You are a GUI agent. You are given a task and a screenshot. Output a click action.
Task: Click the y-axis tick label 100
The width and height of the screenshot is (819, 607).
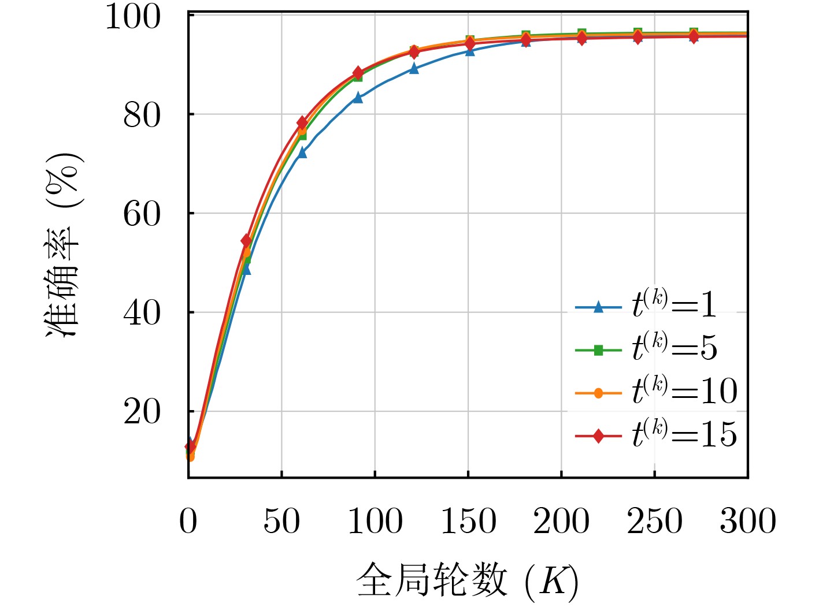click(x=133, y=17)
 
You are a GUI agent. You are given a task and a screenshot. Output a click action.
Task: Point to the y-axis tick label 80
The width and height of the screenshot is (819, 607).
click(x=142, y=116)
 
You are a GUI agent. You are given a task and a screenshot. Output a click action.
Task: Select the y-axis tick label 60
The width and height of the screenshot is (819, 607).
click(x=142, y=214)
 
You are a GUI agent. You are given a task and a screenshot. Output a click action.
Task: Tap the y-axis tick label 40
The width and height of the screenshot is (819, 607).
click(x=142, y=314)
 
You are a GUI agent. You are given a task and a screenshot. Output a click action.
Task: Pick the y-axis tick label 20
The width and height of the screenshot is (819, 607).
click(x=142, y=412)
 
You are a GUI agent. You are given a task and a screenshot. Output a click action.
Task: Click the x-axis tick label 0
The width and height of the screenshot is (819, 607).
click(x=188, y=521)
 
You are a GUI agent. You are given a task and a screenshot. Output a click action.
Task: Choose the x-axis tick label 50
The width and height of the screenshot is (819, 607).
click(x=281, y=521)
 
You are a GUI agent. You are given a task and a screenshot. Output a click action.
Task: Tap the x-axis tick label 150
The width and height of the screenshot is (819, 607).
click(x=468, y=521)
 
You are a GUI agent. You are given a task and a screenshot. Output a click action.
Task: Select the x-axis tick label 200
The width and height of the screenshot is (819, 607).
click(x=561, y=521)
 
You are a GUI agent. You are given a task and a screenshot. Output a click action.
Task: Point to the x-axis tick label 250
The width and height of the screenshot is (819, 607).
click(x=654, y=521)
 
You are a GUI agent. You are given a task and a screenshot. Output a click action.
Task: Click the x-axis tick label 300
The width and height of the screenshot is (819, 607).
click(x=747, y=521)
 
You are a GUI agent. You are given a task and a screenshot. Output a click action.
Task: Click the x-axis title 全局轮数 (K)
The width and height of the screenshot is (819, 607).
click(x=467, y=580)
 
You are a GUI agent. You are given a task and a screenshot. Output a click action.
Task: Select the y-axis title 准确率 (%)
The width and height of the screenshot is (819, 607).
click(x=64, y=245)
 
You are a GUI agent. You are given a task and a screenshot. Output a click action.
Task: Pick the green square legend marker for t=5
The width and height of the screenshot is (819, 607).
click(x=598, y=350)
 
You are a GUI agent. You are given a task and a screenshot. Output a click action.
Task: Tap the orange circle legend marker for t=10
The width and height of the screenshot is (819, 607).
click(x=598, y=393)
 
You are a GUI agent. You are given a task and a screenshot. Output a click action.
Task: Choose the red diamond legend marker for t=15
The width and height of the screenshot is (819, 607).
click(x=598, y=436)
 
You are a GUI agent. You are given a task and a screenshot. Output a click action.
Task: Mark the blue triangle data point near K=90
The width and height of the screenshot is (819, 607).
click(x=358, y=98)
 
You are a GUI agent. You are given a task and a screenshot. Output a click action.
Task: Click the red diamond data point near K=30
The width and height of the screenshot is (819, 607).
click(x=246, y=240)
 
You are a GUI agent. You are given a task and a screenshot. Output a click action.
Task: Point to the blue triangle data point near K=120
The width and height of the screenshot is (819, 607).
click(x=414, y=68)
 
